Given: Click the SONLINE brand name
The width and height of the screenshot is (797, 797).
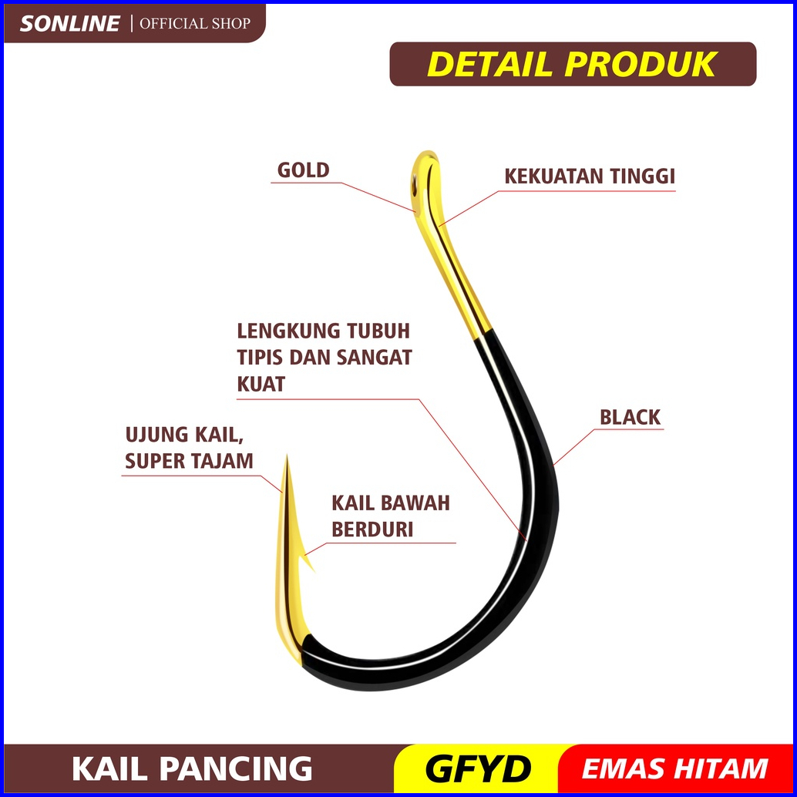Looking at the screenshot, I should click(x=69, y=23).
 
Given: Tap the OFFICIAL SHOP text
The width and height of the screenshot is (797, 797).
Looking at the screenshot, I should click(x=194, y=23).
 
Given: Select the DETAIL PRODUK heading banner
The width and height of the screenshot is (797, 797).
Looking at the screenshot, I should click(x=572, y=65).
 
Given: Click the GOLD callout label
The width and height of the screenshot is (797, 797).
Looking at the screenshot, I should click(x=303, y=170).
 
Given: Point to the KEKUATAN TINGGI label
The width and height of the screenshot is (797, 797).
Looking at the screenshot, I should click(x=589, y=177).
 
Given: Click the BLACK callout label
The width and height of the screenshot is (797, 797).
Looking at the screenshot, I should click(x=630, y=418).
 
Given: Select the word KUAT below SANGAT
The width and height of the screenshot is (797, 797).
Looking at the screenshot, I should click(x=261, y=384).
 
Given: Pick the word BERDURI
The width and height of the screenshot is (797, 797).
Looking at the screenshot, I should click(x=372, y=530).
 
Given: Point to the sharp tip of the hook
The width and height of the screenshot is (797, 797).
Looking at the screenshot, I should click(x=286, y=458).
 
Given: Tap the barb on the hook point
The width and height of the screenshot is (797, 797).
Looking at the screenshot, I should click(x=309, y=561).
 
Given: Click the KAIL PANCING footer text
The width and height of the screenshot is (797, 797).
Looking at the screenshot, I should click(x=192, y=769).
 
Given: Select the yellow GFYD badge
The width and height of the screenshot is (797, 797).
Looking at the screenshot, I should click(x=478, y=769).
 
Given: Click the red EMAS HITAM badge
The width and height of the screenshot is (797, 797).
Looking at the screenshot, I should click(x=674, y=769).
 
